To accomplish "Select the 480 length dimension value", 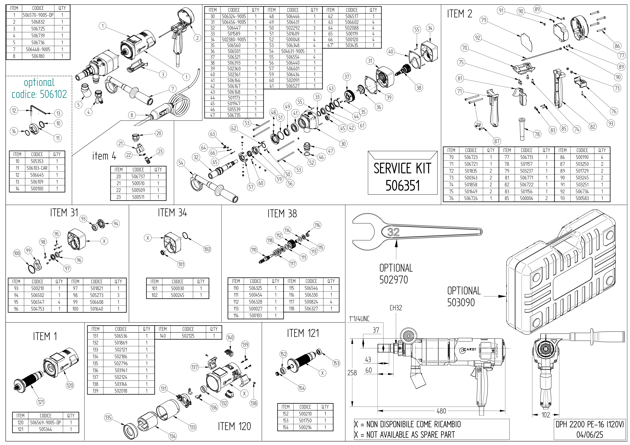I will pos(441,411).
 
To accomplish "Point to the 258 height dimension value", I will pos(352,373).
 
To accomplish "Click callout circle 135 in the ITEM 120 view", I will pos(108,418).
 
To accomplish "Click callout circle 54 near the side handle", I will pos(181,163).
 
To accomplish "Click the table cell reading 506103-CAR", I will pos(37,168).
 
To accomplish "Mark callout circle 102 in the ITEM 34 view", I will pos(207,249).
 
